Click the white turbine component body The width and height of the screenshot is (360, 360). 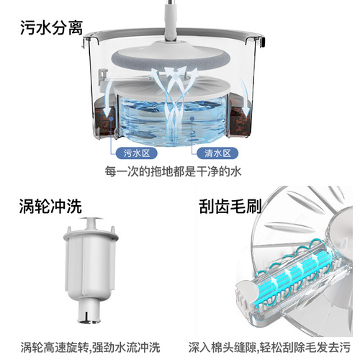[x=90, y=270]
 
